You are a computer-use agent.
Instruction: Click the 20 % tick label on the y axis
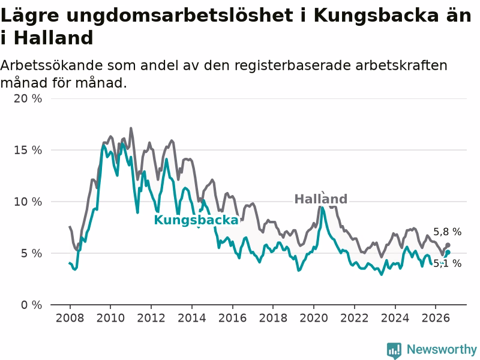tap(28, 98)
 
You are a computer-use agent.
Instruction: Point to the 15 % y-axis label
tap(28, 150)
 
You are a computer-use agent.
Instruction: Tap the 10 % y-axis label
tap(28, 202)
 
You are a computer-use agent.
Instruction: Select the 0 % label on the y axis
tap(31, 305)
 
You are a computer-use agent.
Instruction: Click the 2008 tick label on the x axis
tap(70, 318)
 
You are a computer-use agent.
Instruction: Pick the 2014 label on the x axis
tap(192, 318)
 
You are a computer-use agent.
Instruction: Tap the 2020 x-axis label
tap(314, 318)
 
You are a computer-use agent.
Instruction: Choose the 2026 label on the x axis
tap(436, 318)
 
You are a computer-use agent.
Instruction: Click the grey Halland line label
tap(321, 199)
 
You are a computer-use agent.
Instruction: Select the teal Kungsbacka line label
tap(196, 220)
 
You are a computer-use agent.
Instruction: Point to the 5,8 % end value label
tap(447, 232)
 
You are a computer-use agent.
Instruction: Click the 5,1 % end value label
tap(447, 263)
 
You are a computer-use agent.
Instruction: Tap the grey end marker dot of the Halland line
tap(448, 245)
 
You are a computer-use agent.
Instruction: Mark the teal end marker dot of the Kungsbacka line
tap(448, 253)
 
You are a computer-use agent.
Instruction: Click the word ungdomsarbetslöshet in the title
tap(179, 16)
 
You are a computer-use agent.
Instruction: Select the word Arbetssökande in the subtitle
tap(51, 65)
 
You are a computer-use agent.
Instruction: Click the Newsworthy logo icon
tap(394, 350)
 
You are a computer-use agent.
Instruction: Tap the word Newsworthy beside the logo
tap(442, 349)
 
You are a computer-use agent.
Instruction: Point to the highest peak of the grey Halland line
tap(131, 128)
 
